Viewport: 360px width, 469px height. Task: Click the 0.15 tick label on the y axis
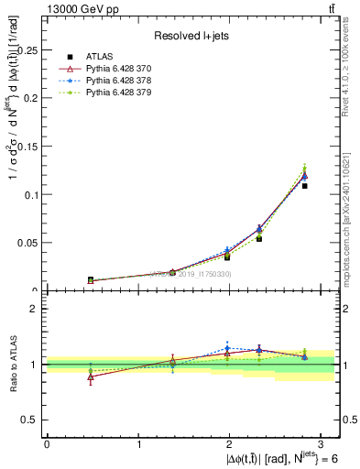(28, 147)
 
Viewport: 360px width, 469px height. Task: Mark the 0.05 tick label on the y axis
(28, 243)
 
